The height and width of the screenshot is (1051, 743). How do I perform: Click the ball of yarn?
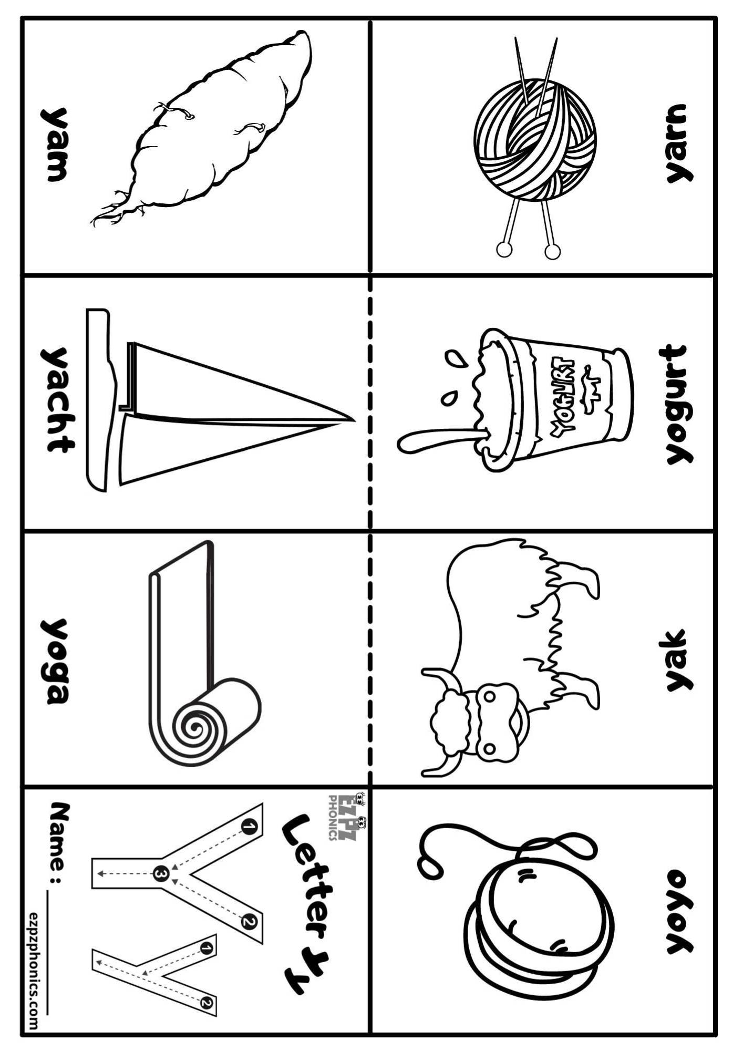(x=535, y=140)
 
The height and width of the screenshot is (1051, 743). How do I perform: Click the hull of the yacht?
(x=98, y=399)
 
